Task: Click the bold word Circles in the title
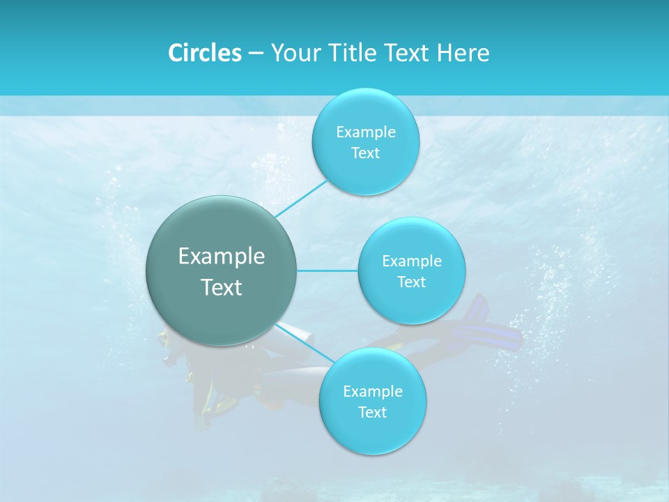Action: [204, 53]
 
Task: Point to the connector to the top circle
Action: [301, 198]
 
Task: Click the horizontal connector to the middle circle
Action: [327, 271]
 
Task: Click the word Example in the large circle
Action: [222, 257]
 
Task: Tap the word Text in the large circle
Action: [222, 287]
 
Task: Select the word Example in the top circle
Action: [366, 132]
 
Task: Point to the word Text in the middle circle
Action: [412, 282]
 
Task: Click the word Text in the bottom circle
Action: [372, 413]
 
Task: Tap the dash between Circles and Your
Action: [256, 54]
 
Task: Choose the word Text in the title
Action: [407, 53]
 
